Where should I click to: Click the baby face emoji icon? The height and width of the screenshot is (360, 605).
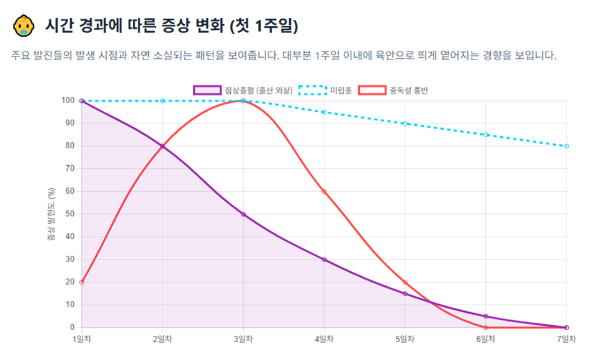24,26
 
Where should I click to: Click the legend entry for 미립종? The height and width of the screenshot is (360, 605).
325,90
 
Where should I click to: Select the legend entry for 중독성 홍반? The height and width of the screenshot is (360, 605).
393,90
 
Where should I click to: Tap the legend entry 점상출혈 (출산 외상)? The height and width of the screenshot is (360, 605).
243,90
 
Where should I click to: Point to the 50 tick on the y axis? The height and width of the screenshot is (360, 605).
70,214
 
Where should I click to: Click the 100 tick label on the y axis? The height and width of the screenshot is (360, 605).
68,101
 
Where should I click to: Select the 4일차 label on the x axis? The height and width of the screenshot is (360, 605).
324,339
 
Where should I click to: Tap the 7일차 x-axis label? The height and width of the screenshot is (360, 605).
567,339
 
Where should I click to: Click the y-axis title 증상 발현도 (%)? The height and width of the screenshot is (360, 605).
51,214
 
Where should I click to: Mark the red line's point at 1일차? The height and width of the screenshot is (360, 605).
82,282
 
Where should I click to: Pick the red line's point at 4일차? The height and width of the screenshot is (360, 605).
324,191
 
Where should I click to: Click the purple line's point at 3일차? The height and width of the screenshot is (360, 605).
243,214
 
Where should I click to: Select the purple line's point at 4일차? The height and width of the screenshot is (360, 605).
324,259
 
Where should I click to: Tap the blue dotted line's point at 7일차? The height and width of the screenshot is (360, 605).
567,146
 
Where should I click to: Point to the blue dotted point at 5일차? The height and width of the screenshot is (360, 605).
405,124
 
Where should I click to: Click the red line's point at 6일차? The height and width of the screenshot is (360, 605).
486,328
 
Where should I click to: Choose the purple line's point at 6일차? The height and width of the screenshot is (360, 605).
486,316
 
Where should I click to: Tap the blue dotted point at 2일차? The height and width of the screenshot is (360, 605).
163,101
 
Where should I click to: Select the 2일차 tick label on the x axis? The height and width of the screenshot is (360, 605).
163,339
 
